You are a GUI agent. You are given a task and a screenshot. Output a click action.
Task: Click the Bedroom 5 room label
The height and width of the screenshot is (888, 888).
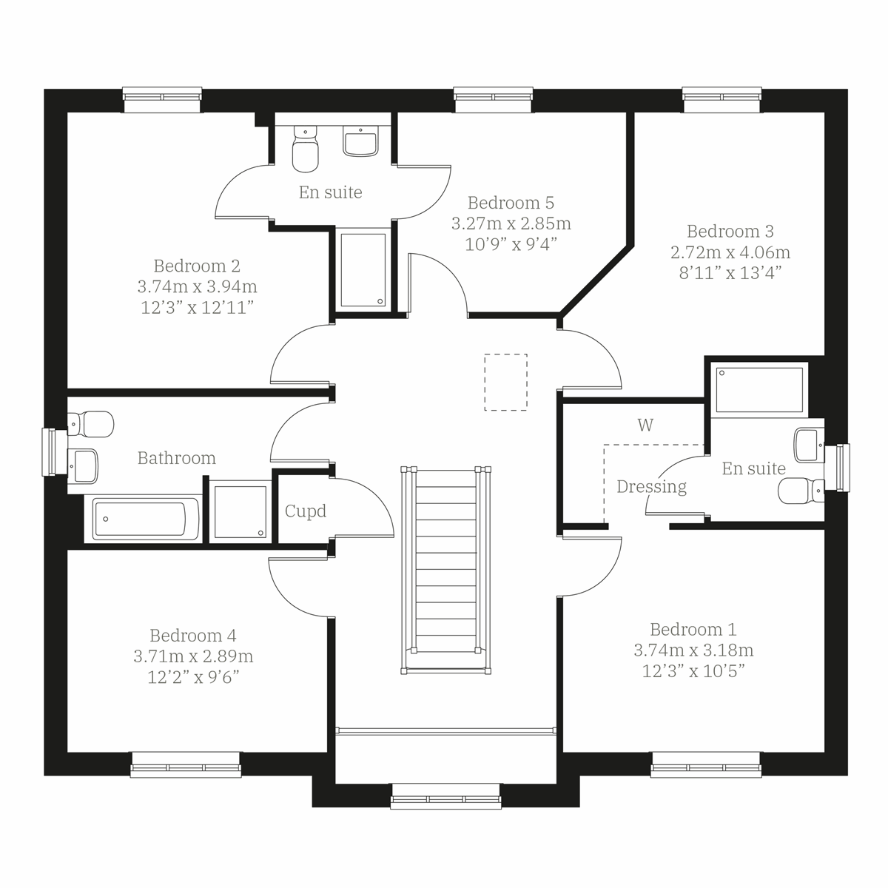tap(511, 203)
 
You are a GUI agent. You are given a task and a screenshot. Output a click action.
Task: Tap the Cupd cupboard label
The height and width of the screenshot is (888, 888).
tap(306, 511)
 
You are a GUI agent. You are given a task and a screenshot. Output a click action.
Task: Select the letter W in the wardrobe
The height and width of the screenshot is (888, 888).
tap(645, 425)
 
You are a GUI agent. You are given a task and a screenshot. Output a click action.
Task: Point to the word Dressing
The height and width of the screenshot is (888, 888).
tap(651, 487)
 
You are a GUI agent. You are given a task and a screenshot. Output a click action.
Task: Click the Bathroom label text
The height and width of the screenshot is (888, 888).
tap(177, 458)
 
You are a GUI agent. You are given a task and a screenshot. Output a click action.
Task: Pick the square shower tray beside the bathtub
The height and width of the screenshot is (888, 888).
tap(240, 511)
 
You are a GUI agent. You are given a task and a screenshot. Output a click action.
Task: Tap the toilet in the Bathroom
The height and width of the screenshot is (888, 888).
tap(92, 424)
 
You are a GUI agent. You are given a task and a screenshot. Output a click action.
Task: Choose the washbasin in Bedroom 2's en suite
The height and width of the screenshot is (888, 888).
tap(361, 141)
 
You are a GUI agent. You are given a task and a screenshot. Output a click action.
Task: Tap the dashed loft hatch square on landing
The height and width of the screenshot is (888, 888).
tap(505, 382)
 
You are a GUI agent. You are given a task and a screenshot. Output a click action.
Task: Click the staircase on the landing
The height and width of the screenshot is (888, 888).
tap(445, 570)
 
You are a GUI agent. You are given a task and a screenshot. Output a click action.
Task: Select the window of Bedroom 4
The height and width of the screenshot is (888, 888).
tap(186, 765)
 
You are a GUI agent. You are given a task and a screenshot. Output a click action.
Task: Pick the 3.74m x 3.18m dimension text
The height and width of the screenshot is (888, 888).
tap(693, 650)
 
